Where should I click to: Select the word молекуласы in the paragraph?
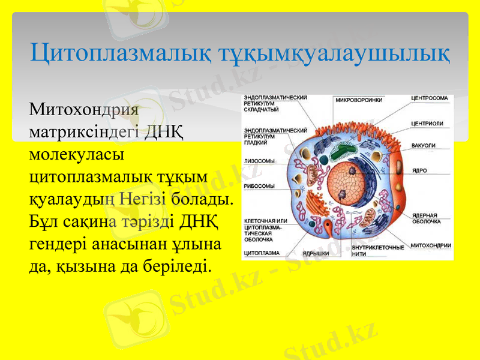click(x=76, y=154)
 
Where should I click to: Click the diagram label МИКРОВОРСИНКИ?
click(x=358, y=100)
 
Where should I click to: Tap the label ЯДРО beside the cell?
click(x=419, y=170)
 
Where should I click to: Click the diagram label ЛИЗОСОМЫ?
click(x=259, y=161)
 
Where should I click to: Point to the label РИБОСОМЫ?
click(x=259, y=186)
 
